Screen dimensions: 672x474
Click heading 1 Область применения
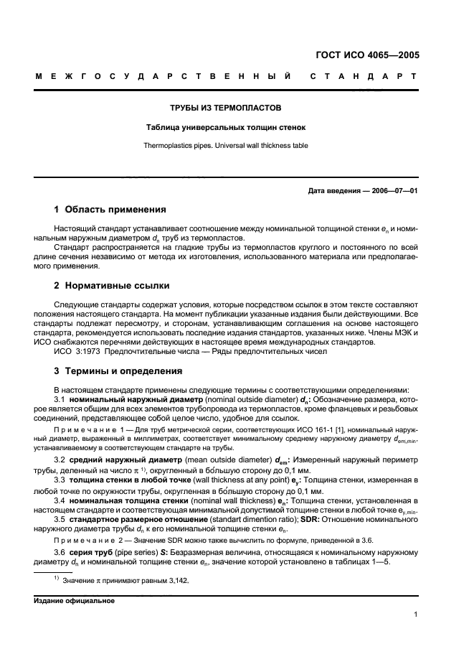[x=110, y=210]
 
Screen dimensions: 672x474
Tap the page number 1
[x=415, y=615]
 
